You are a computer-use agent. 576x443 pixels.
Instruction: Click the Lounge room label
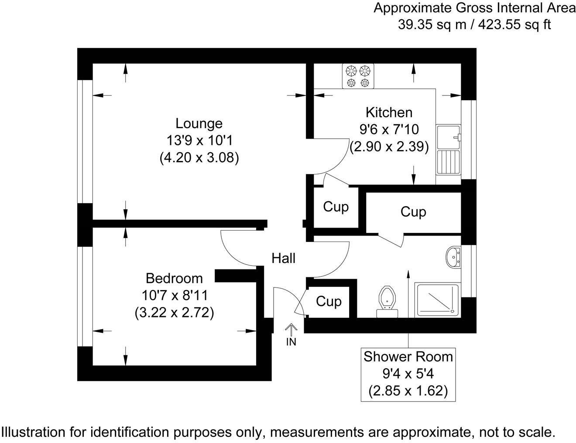(199, 123)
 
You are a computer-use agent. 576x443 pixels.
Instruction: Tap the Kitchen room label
(389, 112)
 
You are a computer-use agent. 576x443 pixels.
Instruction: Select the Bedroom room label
(174, 278)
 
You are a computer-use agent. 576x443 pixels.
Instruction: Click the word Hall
(284, 259)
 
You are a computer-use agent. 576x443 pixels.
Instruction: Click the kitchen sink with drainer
(448, 149)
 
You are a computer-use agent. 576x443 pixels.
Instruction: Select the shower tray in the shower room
(437, 300)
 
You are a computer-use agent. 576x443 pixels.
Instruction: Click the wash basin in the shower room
(453, 256)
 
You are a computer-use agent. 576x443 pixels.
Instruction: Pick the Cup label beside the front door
(329, 301)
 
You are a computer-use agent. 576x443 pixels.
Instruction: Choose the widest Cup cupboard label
(413, 212)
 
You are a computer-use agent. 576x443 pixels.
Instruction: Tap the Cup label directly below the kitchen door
(336, 207)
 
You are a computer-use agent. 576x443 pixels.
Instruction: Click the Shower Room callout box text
(408, 357)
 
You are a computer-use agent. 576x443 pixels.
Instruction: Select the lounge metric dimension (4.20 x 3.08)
(199, 157)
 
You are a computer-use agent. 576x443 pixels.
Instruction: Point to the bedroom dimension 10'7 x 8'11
(174, 296)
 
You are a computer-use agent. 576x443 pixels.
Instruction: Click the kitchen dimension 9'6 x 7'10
(389, 129)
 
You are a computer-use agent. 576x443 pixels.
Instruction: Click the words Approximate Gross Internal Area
(474, 8)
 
